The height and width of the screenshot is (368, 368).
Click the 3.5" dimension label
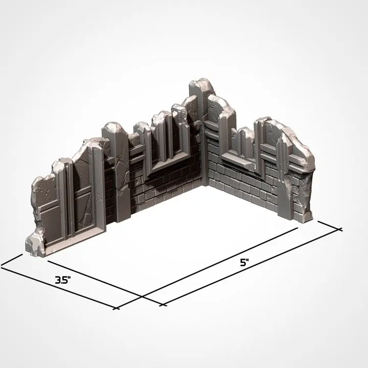coord(63,281)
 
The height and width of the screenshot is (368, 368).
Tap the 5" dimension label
coord(244,263)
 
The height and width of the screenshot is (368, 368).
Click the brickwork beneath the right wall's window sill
coord(240,184)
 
